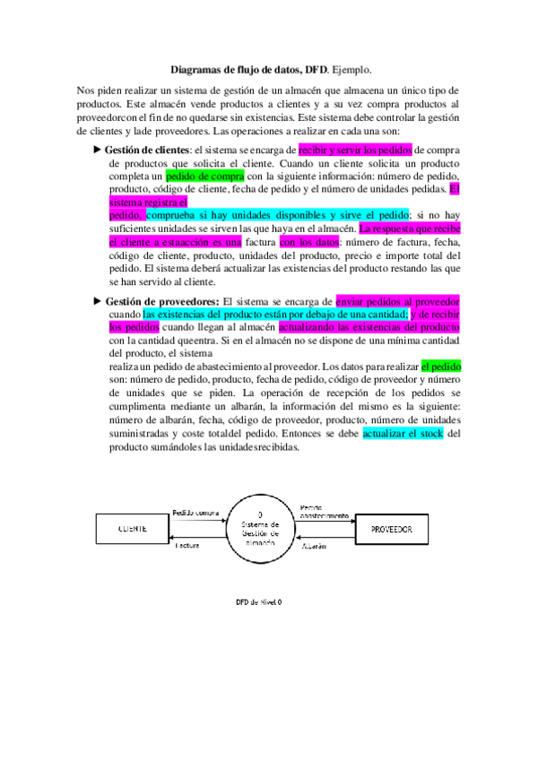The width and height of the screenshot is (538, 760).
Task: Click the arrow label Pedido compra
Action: click(x=195, y=513)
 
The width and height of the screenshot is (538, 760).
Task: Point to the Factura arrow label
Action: click(x=187, y=545)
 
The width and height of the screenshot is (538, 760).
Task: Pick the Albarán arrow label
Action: click(x=314, y=545)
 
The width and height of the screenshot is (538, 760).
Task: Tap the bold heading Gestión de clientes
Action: click(x=147, y=150)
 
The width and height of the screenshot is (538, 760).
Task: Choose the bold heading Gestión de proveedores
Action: click(x=162, y=302)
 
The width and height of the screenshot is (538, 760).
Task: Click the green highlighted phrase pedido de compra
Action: click(x=197, y=177)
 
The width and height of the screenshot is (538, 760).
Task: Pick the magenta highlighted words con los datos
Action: click(x=309, y=242)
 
